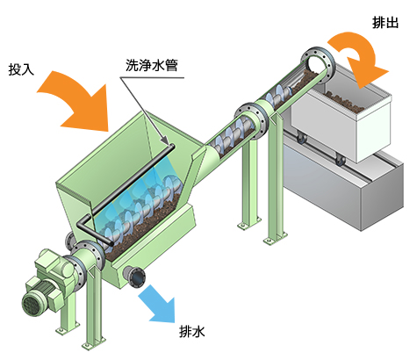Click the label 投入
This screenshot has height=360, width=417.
pos(21,69)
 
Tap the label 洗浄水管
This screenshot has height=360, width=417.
pos(152,65)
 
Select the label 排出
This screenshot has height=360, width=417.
pos(385,22)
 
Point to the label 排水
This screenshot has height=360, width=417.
pos(192,332)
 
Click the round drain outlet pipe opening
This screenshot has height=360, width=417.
pos(137,277)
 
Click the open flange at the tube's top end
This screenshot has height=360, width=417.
pos(319,65)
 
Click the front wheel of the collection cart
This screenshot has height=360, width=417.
pos(340,160)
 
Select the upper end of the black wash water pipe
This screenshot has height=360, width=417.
pos(172,147)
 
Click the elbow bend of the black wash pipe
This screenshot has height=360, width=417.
pos(81,225)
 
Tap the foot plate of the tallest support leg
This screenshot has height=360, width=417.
pos(276,238)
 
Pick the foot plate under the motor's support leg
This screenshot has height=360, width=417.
pos(68,328)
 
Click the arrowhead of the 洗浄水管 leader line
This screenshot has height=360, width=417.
pos(166,141)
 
